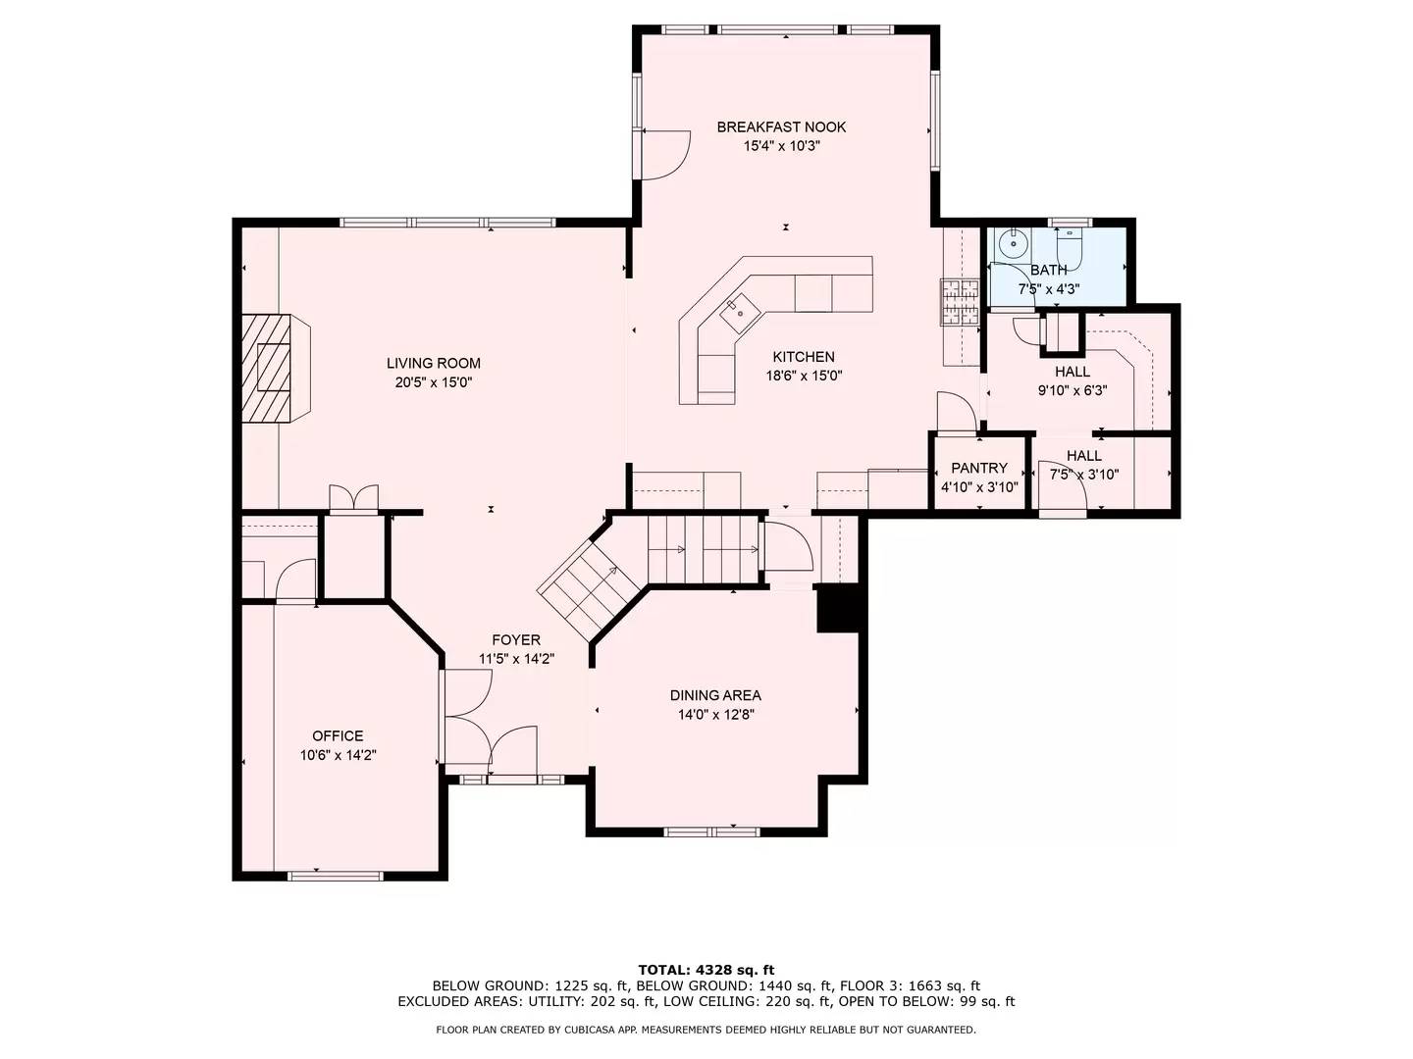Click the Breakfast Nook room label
[781, 126]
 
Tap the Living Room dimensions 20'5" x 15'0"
[434, 382]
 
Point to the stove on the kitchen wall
[961, 301]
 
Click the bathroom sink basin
[1010, 241]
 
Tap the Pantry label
[979, 468]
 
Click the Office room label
[338, 735]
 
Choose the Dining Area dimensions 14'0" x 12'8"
[715, 715]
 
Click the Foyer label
[516, 640]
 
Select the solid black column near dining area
[838, 609]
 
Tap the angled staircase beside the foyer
[579, 586]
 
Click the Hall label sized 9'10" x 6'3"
[1073, 372]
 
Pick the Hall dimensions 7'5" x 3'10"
[1083, 475]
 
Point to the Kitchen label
[804, 357]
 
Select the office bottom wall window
[335, 874]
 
